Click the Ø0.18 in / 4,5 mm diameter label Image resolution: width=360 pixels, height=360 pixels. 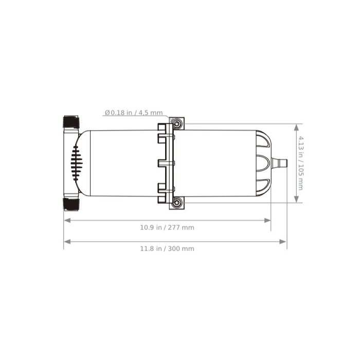pos(134,113)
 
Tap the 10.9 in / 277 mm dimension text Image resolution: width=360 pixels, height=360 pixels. pos(167,227)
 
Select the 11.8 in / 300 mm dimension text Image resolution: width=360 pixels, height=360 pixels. pos(167,248)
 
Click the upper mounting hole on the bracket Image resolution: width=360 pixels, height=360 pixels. pos(177,124)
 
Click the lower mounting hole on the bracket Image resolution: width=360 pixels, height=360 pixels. pos(177,202)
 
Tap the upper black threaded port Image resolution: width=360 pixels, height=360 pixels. pos(71,122)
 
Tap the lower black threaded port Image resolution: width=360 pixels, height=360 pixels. pos(71,204)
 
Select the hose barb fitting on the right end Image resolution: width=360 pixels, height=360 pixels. pos(279,163)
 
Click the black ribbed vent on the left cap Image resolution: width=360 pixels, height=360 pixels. pos(77,163)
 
